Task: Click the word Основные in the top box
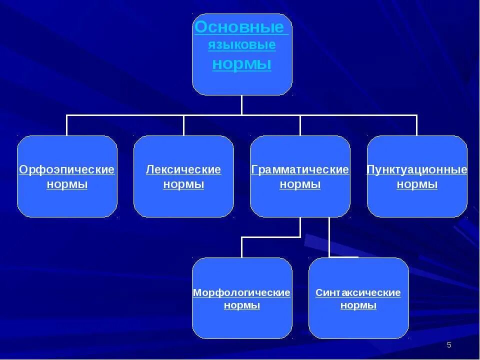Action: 239,27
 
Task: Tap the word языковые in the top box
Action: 242,45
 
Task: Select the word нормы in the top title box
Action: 242,64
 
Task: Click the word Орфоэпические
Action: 67,170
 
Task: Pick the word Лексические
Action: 183,170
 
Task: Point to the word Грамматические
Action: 300,170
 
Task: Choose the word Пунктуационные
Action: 417,170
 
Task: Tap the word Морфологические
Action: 242,292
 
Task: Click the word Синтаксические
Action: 358,292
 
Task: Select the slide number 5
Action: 449,345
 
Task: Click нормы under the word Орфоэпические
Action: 67,184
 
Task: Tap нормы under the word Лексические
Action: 183,184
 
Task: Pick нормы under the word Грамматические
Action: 300,184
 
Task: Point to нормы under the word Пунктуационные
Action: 417,184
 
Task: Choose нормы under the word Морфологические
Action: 242,305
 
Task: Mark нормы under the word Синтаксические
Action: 358,305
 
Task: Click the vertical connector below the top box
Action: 242,105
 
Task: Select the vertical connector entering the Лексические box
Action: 183,125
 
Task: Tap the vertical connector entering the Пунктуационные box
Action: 417,125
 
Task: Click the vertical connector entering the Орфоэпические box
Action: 67,125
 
